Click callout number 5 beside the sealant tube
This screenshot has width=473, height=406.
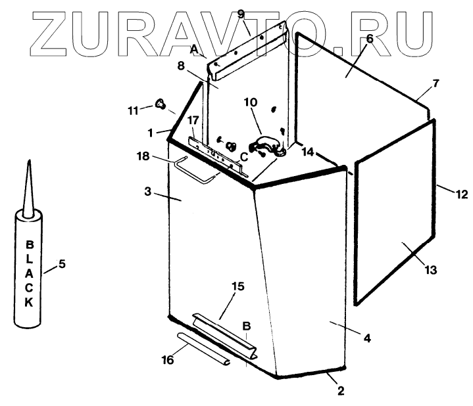[62, 265]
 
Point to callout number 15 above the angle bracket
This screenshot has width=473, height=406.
[238, 286]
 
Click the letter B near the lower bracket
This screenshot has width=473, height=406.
[247, 325]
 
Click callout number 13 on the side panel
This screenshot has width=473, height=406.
[431, 269]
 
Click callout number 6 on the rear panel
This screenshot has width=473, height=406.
[369, 39]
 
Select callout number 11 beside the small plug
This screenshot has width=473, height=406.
[134, 110]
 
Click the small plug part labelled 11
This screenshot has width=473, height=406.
[160, 103]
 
